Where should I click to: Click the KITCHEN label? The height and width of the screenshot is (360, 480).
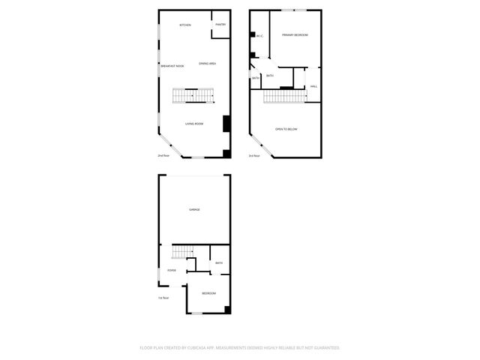(184, 25)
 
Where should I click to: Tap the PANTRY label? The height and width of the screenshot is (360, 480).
(220, 25)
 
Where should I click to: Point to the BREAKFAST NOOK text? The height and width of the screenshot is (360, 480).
(172, 66)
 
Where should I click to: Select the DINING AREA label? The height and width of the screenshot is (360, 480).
(208, 64)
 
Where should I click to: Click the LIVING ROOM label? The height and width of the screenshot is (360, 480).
(194, 123)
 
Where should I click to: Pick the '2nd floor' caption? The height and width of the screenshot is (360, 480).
(163, 155)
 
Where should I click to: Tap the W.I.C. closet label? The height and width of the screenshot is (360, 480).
(259, 36)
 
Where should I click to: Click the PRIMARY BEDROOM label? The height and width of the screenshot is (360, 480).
(295, 35)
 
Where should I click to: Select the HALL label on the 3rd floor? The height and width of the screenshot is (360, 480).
(313, 86)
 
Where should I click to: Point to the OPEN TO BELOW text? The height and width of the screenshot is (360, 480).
(286, 130)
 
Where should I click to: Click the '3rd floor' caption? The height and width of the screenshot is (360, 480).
(254, 155)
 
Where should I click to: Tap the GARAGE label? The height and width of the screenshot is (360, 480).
(194, 209)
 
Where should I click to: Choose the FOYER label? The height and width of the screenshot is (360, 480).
(172, 270)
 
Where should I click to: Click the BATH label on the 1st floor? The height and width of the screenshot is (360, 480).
(219, 263)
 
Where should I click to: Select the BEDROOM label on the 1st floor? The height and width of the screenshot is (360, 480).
(208, 293)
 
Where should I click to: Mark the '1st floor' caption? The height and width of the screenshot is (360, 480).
(163, 298)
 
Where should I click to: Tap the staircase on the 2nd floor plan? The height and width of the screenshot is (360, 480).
(193, 95)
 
